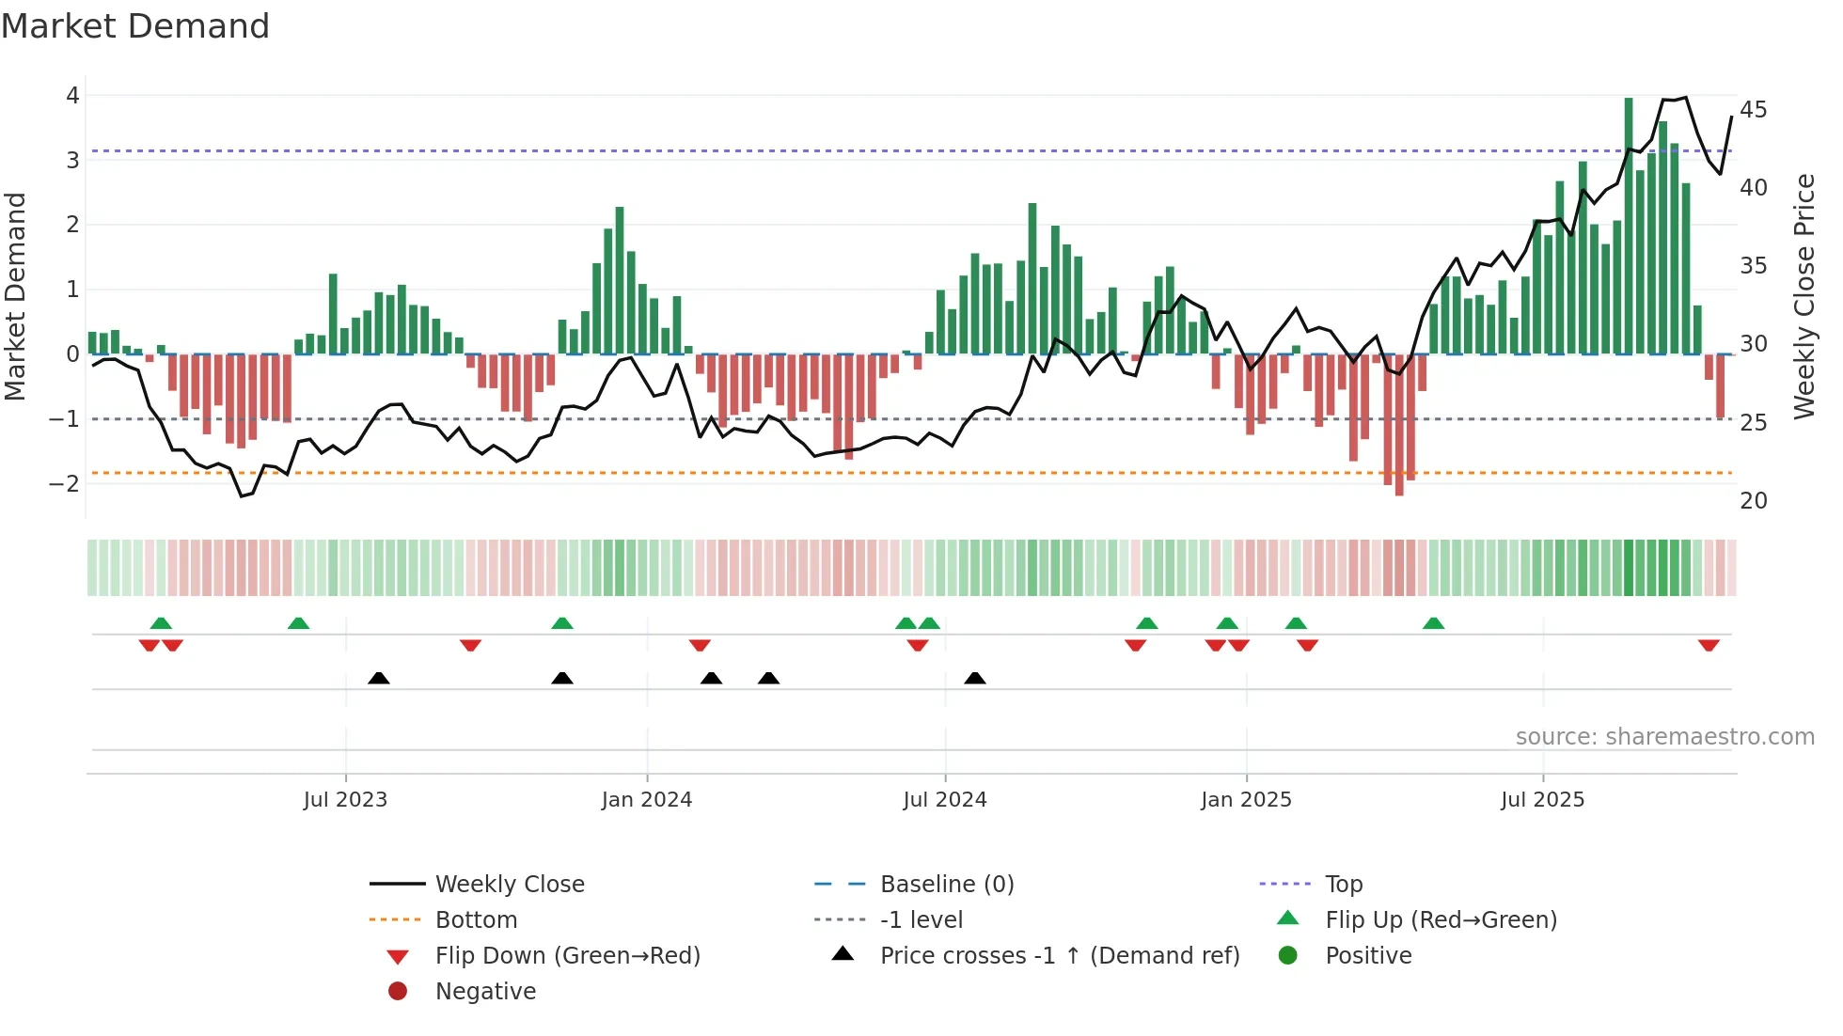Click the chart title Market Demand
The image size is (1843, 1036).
point(135,26)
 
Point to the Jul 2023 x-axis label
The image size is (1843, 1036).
point(345,800)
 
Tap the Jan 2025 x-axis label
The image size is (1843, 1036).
point(1246,800)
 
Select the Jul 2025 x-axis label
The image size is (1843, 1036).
point(1542,800)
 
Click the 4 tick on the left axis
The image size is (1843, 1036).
point(72,95)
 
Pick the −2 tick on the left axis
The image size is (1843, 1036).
point(66,483)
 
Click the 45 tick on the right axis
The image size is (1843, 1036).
point(1753,110)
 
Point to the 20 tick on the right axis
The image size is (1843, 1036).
point(1753,500)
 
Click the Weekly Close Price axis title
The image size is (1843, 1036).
point(1804,296)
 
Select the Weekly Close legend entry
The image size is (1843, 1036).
point(509,885)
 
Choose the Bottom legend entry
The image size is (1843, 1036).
point(476,920)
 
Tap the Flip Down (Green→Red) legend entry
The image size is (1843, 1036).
point(567,956)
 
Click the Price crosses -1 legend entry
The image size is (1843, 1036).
point(1059,956)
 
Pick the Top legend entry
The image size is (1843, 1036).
point(1344,885)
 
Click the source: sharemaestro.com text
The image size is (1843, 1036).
point(1664,737)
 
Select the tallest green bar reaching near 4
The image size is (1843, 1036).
point(1629,226)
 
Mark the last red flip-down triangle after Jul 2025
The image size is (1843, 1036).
point(1709,645)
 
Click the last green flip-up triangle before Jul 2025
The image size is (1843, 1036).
point(1433,623)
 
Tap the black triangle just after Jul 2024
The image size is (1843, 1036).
point(975,678)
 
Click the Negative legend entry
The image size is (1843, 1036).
point(485,992)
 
